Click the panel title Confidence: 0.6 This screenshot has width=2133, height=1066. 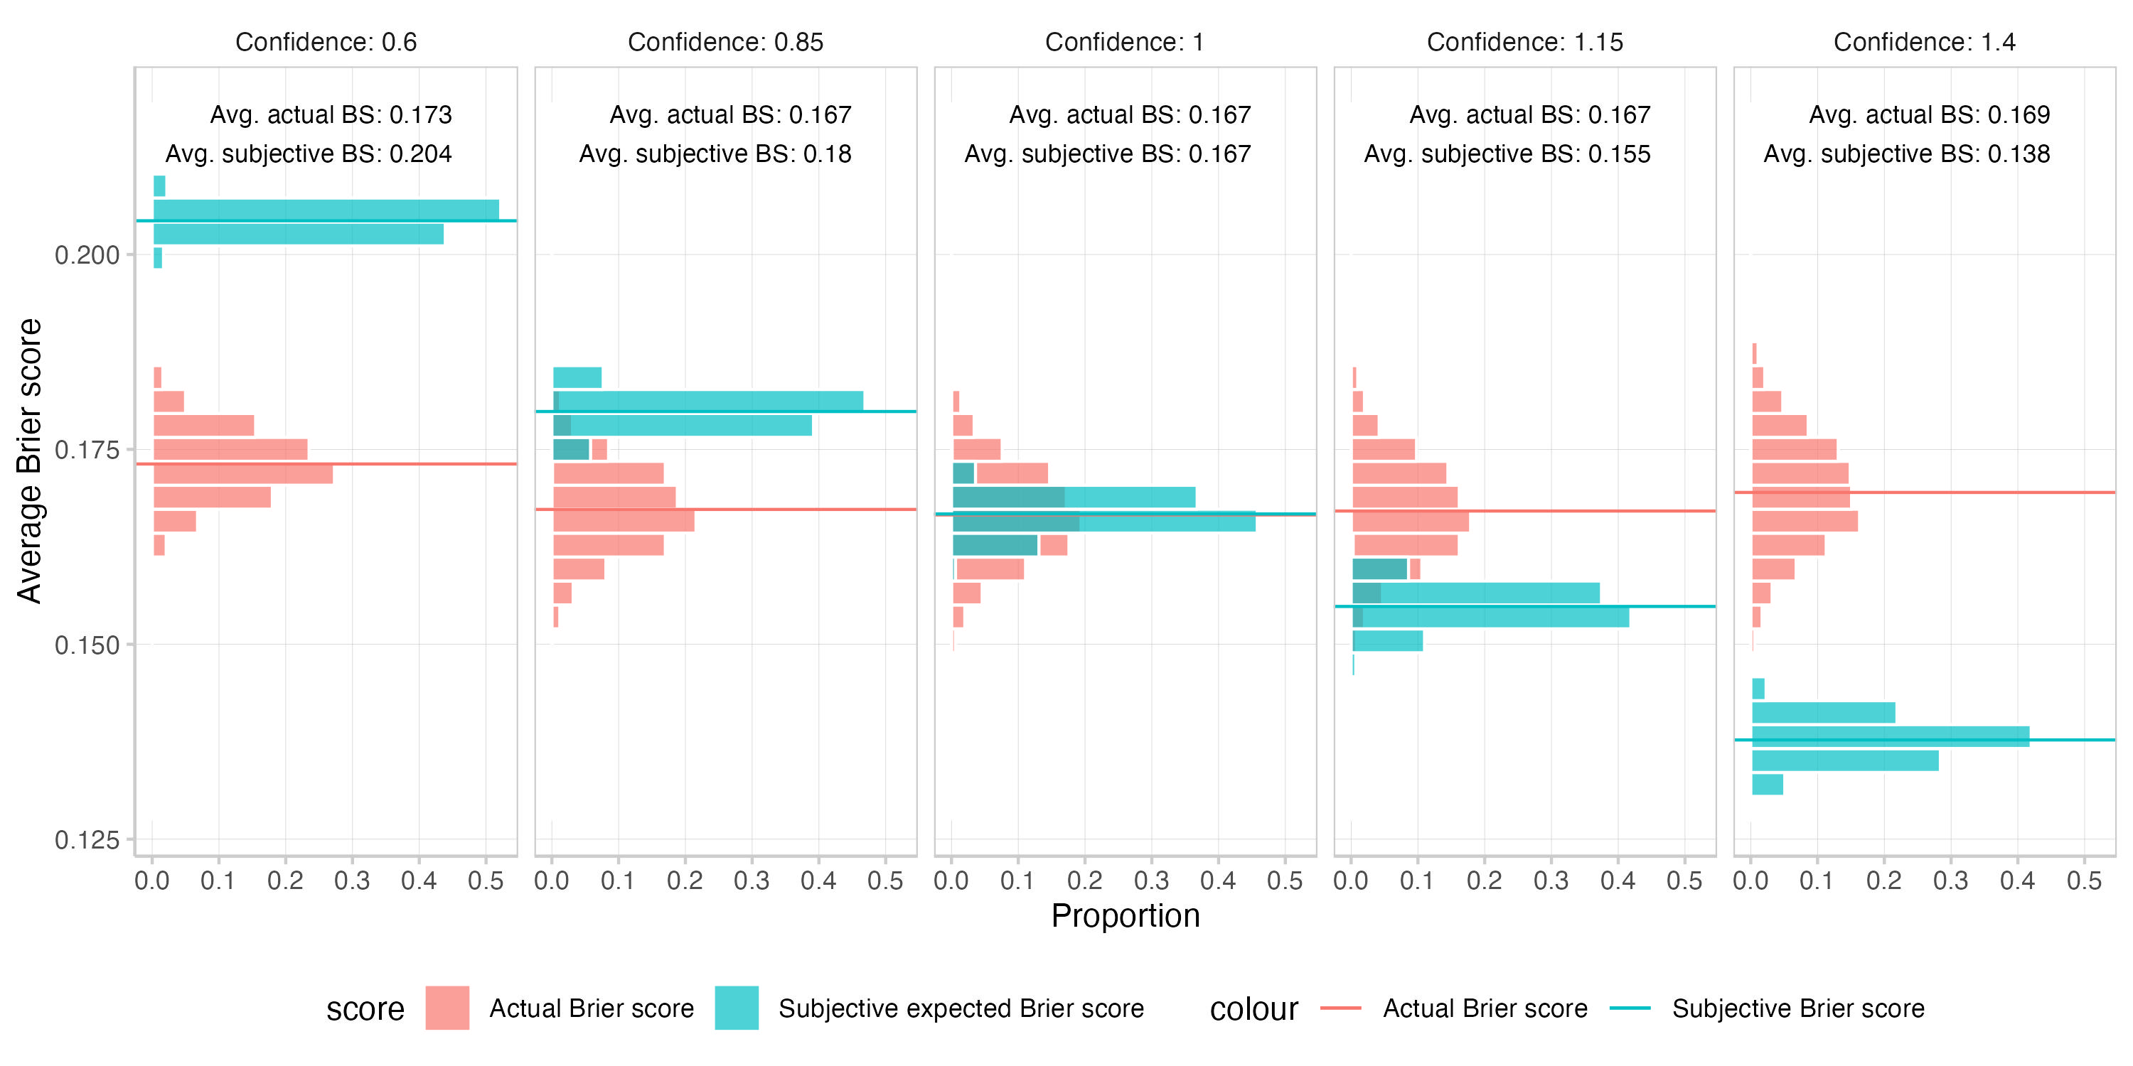326,42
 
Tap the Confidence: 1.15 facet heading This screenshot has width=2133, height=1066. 1524,42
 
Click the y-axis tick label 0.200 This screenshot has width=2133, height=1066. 87,255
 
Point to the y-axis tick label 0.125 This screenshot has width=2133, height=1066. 87,841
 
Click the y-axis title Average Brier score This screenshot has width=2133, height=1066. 30,461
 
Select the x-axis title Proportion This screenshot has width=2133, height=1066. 1126,916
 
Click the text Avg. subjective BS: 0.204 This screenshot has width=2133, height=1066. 308,154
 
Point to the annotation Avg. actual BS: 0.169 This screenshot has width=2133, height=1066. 1930,115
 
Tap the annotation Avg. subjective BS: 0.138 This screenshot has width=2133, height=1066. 1906,154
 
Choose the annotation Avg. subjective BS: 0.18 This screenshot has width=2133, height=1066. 715,154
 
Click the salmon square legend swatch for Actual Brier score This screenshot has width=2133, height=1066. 447,1008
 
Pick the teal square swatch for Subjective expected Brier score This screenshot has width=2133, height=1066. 736,1008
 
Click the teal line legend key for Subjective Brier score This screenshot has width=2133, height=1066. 1630,1008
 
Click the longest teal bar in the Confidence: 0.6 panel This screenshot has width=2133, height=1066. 326,210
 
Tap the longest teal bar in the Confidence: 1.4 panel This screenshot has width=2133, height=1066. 1891,736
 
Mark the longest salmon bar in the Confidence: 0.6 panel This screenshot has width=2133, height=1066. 243,474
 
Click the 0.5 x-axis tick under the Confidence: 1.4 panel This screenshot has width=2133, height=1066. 2084,881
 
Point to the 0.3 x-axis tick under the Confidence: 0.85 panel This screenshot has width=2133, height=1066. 751,881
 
